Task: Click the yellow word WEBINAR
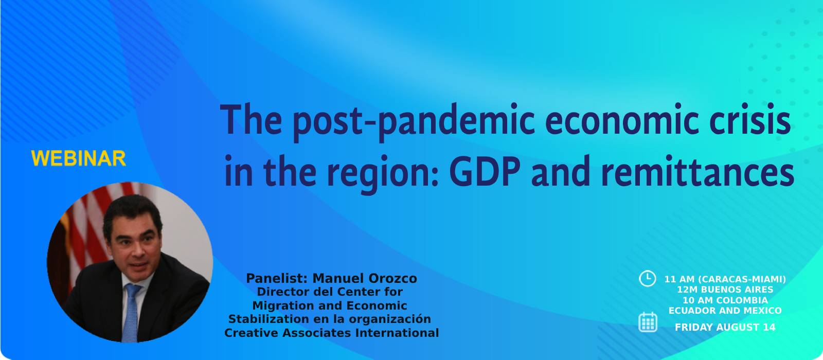(79, 159)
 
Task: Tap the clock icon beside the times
(647, 278)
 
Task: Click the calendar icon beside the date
(648, 322)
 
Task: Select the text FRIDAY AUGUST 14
(725, 327)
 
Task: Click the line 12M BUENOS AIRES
(725, 290)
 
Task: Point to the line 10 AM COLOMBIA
(725, 300)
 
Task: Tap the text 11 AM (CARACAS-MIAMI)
(725, 279)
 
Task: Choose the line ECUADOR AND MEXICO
(725, 311)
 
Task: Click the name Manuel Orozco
(365, 278)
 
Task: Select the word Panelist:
(277, 278)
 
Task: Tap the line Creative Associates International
(331, 333)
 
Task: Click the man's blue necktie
(131, 312)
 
